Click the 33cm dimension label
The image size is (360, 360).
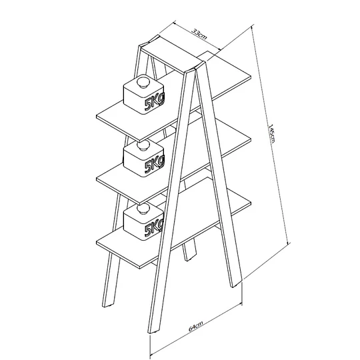199,34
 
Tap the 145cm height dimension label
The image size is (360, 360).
272,133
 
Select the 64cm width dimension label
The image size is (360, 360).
195,326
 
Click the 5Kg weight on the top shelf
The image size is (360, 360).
144,94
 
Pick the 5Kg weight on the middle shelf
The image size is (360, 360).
144,159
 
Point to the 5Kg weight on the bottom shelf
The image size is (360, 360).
144,222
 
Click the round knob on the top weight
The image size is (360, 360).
143,83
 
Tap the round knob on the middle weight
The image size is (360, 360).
143,145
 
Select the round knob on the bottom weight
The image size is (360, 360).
143,209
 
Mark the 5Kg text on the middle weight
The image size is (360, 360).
155,165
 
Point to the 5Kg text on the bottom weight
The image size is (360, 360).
154,227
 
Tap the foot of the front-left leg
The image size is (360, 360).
153,332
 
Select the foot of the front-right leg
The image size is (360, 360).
237,284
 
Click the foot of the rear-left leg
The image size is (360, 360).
108,305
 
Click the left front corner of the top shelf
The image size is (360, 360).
97,117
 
